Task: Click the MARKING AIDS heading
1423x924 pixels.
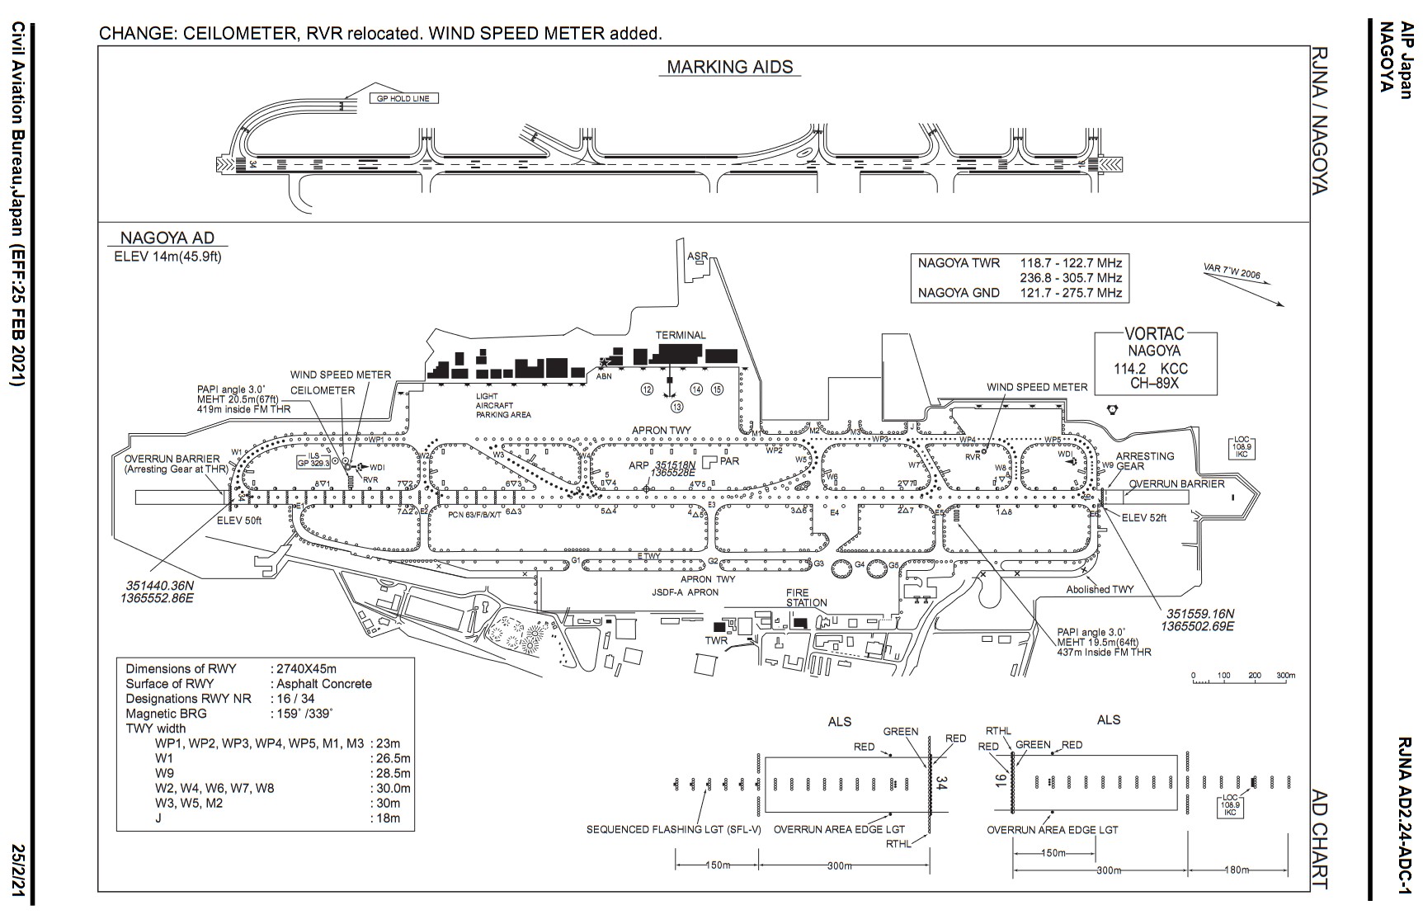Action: pos(729,67)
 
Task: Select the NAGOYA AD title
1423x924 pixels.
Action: pos(167,239)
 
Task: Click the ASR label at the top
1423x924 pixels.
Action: pos(697,257)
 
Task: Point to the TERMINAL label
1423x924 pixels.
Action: pos(681,335)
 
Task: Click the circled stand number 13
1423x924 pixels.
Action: pos(677,406)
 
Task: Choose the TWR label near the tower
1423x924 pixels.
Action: pos(716,640)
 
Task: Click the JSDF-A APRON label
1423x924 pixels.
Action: pos(685,592)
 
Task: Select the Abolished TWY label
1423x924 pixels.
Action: pos(1100,589)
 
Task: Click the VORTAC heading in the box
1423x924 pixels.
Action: pos(1155,334)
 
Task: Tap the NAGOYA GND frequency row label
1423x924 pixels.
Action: pos(959,293)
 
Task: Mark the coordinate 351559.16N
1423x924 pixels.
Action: pos(1200,614)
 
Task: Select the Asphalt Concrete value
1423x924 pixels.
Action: pos(324,684)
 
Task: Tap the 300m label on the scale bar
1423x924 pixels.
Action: pos(1285,675)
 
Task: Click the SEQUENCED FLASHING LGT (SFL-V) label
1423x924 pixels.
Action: pos(674,829)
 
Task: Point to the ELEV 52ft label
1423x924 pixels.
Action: pos(1145,517)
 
